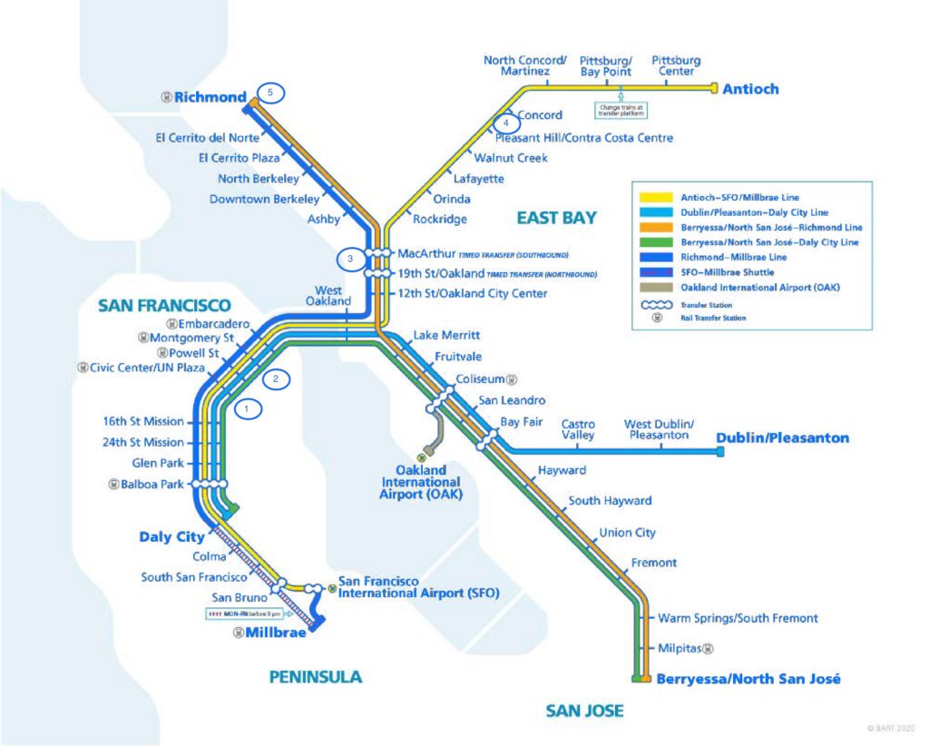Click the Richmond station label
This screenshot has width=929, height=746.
click(x=210, y=96)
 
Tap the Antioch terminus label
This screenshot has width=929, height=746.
click(x=750, y=89)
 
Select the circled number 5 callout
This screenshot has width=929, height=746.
click(x=269, y=93)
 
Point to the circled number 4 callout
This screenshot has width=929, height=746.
click(x=506, y=123)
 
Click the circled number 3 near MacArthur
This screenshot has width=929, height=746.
click(x=350, y=260)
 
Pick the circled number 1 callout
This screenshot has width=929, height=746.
click(x=248, y=409)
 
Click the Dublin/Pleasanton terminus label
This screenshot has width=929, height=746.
click(x=782, y=437)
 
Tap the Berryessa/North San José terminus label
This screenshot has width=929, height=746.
click(x=748, y=679)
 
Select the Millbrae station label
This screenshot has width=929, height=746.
click(x=275, y=633)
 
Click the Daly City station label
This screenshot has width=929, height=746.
click(x=171, y=536)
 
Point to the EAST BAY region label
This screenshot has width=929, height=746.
click(x=556, y=218)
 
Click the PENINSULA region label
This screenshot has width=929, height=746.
click(x=315, y=676)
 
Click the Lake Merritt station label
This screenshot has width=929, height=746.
click(x=446, y=336)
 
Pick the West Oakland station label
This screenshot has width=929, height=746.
click(x=327, y=295)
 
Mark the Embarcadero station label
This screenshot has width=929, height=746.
click(x=208, y=323)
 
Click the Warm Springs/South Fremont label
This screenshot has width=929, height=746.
click(x=738, y=618)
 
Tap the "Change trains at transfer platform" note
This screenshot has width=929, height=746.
click(x=621, y=110)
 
